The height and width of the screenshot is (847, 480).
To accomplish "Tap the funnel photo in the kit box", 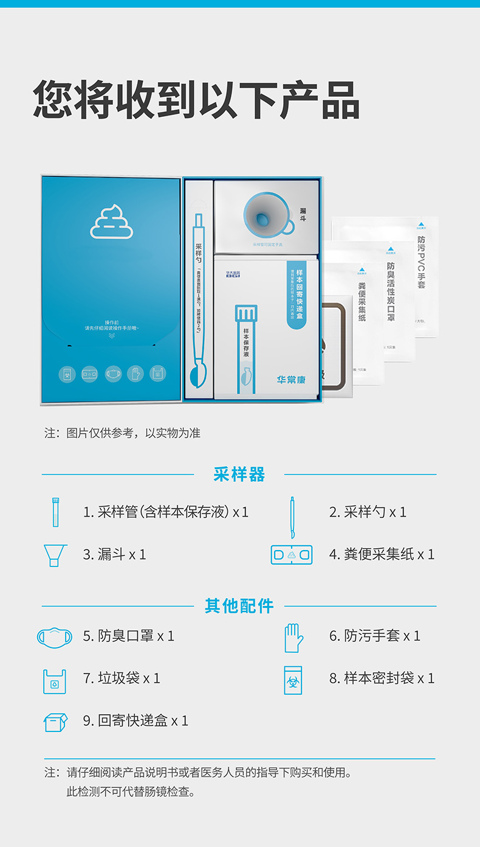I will click(266, 216).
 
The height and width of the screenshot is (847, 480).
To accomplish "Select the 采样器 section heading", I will click(239, 475).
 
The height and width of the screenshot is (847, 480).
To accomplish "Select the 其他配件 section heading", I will click(239, 606).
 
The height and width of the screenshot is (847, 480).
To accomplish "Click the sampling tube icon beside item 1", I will click(56, 512).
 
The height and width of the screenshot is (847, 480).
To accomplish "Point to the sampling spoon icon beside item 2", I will click(292, 517).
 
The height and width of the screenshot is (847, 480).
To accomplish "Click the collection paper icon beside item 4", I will click(292, 554).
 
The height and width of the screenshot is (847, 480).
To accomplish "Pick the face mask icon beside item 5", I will click(55, 636).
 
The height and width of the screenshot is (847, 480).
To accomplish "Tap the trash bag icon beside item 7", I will click(54, 681).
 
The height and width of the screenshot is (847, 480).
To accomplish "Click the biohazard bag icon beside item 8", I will click(293, 680).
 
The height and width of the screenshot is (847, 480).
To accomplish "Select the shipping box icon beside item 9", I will click(55, 722).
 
